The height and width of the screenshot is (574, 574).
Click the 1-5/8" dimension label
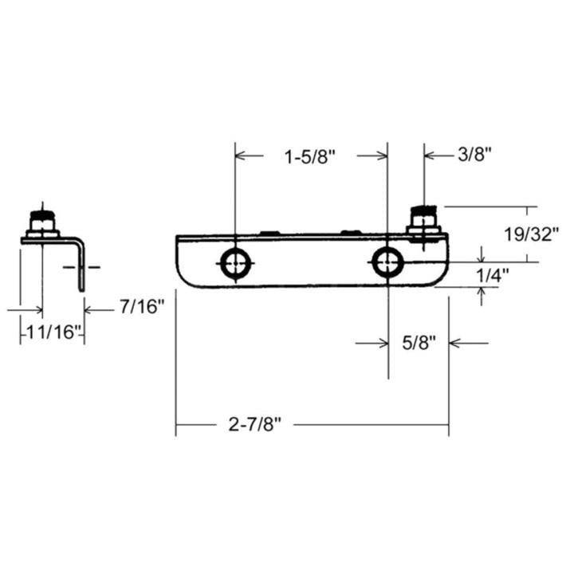[x=310, y=156]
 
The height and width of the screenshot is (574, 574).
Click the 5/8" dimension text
[x=419, y=344]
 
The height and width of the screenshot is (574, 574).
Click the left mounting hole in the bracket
[x=235, y=264]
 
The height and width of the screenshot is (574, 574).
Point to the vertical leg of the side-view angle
[x=81, y=267]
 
